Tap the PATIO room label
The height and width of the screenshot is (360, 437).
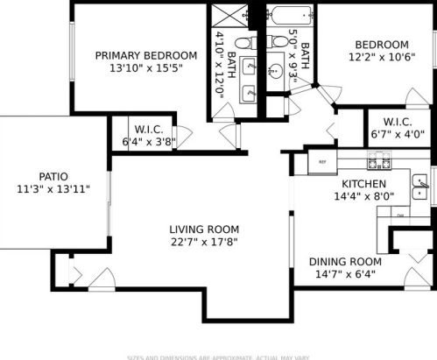53,176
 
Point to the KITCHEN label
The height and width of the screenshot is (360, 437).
363,184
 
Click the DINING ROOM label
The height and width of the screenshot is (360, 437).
345,261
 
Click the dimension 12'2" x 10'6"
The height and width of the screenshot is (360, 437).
381,58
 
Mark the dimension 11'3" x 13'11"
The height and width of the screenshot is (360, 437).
53,188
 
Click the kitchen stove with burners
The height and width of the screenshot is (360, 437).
377,160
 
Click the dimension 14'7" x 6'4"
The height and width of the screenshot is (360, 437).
345,274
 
